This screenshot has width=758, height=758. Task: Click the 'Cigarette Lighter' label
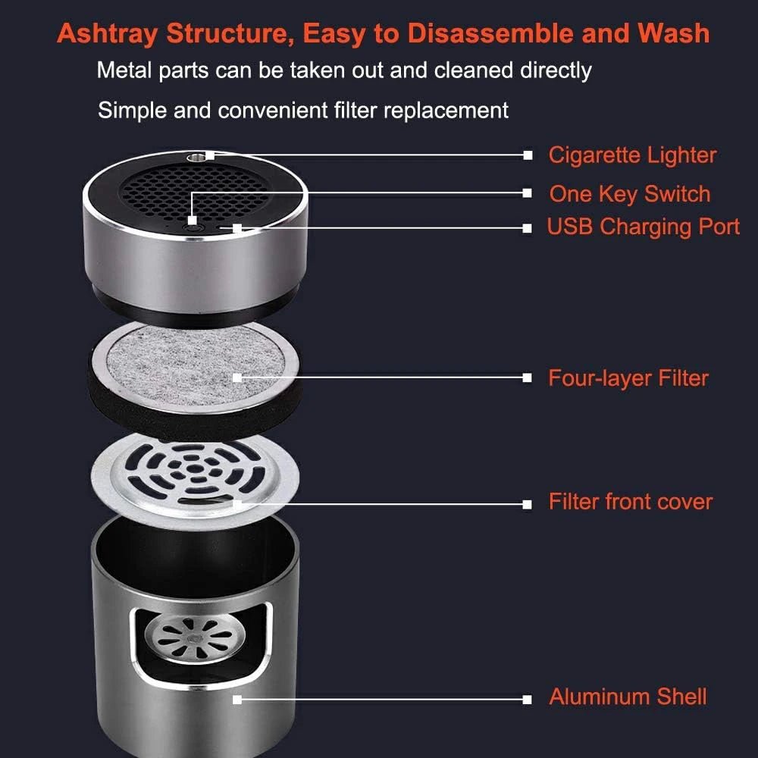pyautogui.click(x=632, y=155)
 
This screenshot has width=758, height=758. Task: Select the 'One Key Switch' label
pyautogui.click(x=630, y=194)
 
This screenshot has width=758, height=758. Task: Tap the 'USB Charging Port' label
pyautogui.click(x=644, y=227)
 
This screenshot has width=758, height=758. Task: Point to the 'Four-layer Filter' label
pyautogui.click(x=628, y=377)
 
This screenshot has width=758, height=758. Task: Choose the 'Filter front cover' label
pyautogui.click(x=631, y=502)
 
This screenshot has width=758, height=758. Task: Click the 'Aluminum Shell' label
pyautogui.click(x=628, y=697)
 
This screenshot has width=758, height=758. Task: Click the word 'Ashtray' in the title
pyautogui.click(x=108, y=34)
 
